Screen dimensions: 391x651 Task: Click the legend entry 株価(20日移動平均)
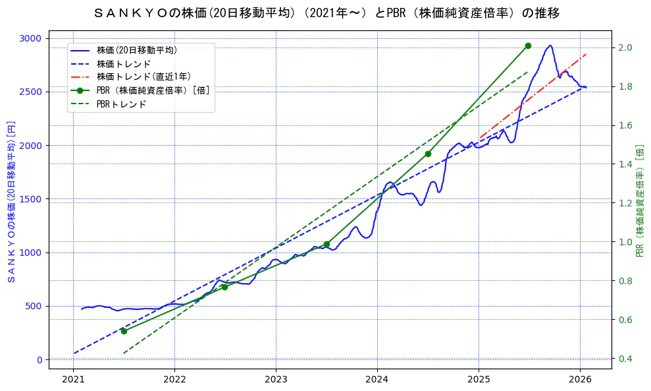[x=136, y=50]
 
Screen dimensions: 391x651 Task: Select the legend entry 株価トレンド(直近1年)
[x=143, y=77]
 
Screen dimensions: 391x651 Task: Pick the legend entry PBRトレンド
[x=121, y=104]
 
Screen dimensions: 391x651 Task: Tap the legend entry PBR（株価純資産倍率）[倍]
[x=153, y=90]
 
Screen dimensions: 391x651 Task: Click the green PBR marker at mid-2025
[x=528, y=45]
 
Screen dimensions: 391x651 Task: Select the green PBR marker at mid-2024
[x=428, y=154]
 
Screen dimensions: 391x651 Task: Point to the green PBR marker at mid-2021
[x=124, y=331]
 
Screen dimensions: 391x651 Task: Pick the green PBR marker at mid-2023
[x=326, y=244]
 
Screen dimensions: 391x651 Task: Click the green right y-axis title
[x=640, y=200]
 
